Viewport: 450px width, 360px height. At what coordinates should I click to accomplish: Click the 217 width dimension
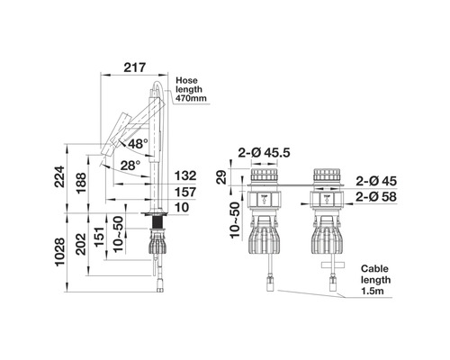click(134, 67)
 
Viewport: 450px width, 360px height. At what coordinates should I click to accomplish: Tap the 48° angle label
click(138, 144)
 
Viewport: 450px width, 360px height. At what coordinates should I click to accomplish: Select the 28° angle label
click(130, 166)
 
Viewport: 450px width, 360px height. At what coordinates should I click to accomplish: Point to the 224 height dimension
click(59, 176)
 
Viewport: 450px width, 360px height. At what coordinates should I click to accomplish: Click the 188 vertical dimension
click(81, 184)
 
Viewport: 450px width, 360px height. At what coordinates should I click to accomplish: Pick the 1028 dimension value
click(59, 252)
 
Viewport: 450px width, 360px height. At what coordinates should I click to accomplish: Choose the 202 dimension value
click(81, 244)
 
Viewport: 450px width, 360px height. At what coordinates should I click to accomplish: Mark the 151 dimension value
click(100, 237)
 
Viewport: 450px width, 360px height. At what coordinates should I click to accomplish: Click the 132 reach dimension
click(185, 175)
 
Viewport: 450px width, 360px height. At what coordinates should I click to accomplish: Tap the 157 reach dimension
click(185, 193)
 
